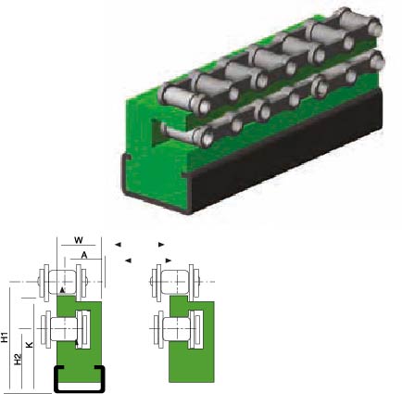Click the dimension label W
pyautogui.click(x=79, y=240)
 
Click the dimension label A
pyautogui.click(x=84, y=255)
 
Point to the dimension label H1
pyautogui.click(x=5, y=337)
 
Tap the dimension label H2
pyautogui.click(x=19, y=360)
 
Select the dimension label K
pyautogui.click(x=29, y=345)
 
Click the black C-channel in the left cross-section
pyautogui.click(x=55, y=379)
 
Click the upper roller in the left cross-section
pyautogui.click(x=63, y=282)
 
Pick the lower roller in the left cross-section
pyautogui.click(x=64, y=329)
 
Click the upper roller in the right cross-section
pyautogui.click(x=175, y=282)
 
